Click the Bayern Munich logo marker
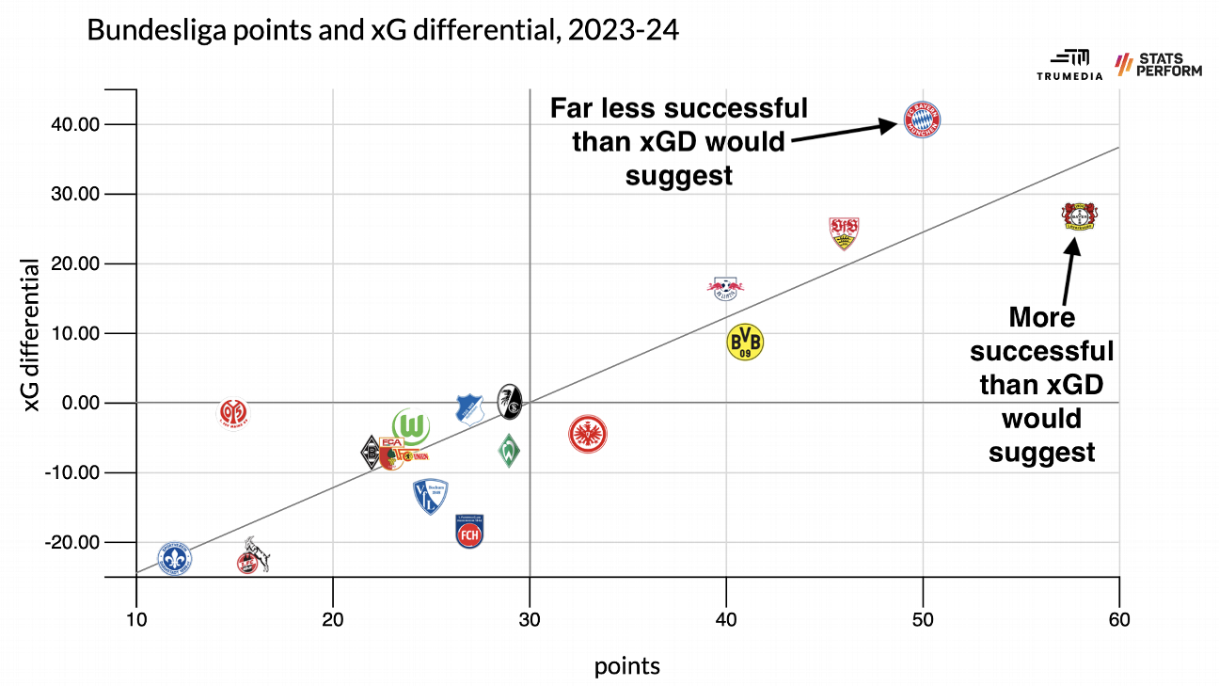pyautogui.click(x=923, y=120)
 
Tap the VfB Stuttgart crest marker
pyautogui.click(x=844, y=232)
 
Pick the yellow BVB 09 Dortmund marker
pyautogui.click(x=745, y=342)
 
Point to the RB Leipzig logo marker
pyautogui.click(x=724, y=287)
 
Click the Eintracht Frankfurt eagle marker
pyautogui.click(x=588, y=434)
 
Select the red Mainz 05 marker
pyautogui.click(x=234, y=412)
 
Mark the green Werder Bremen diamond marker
pyautogui.click(x=509, y=452)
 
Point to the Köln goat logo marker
pyautogui.click(x=252, y=556)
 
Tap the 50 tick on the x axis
pyautogui.click(x=923, y=620)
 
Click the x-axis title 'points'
pyautogui.click(x=627, y=666)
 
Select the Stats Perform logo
pyautogui.click(x=1158, y=64)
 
